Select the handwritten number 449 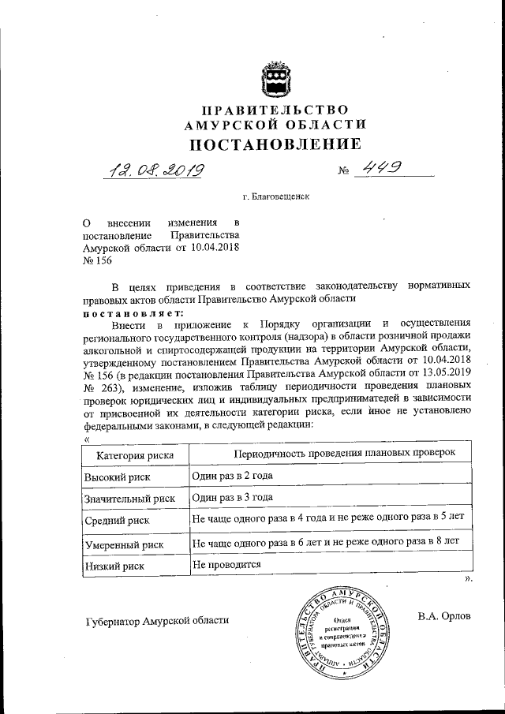(379, 168)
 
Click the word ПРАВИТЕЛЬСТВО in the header (275, 109)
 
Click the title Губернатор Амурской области (156, 620)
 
